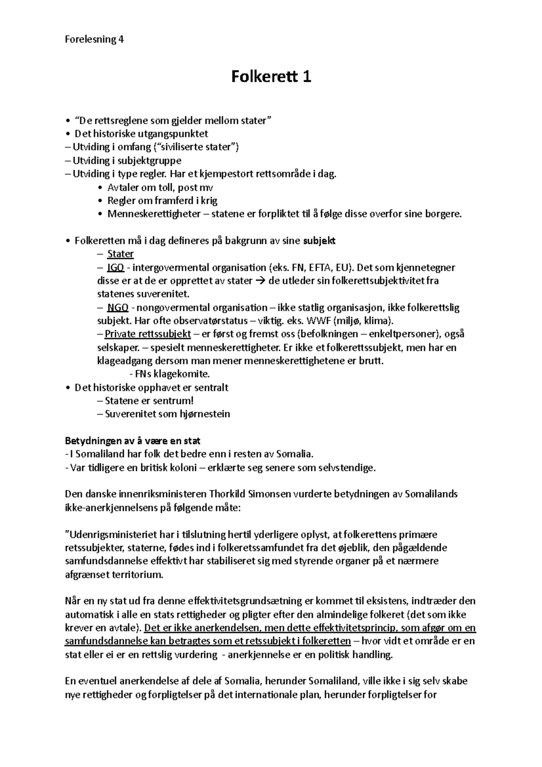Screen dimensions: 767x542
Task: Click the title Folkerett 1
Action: click(x=271, y=77)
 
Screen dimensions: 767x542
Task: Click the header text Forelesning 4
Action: click(x=94, y=39)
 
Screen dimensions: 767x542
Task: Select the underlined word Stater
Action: click(x=120, y=254)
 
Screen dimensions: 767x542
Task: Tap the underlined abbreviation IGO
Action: click(x=116, y=267)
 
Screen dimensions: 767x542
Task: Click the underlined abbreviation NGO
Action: click(x=117, y=308)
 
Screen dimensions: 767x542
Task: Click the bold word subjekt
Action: click(x=319, y=241)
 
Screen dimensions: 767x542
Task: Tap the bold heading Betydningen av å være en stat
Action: click(x=133, y=440)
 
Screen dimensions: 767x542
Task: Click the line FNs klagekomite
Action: click(x=169, y=374)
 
